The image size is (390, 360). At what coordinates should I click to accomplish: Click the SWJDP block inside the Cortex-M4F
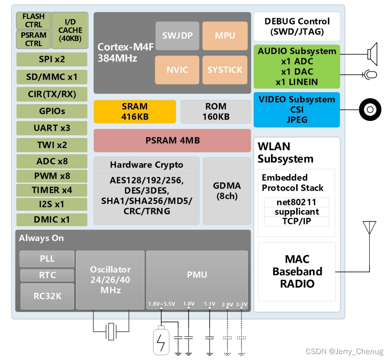(x=177, y=36)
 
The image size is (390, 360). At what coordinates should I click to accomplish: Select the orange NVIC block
(x=177, y=70)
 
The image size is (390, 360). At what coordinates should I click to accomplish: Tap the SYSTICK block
(x=225, y=70)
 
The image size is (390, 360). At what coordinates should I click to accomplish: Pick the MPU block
(x=225, y=36)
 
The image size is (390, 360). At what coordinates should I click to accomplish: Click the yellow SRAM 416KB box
(x=135, y=112)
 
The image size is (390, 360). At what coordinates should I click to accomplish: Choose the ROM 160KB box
(x=216, y=112)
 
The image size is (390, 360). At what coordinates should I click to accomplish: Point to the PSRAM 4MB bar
(x=172, y=140)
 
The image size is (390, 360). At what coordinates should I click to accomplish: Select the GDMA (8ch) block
(x=226, y=191)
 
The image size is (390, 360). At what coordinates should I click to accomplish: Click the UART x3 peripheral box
(x=52, y=128)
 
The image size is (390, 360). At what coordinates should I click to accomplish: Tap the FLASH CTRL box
(x=33, y=21)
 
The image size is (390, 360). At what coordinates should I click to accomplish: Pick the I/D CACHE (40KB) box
(x=70, y=30)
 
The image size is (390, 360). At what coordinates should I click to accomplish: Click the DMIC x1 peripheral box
(x=52, y=220)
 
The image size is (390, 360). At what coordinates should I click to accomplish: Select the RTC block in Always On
(x=47, y=275)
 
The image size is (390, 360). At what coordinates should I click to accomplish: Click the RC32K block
(x=47, y=296)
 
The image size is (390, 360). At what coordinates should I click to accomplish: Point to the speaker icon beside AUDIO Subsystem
(x=372, y=54)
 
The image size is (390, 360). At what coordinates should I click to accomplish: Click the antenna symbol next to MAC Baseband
(x=370, y=228)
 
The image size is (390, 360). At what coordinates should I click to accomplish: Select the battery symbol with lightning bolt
(x=161, y=342)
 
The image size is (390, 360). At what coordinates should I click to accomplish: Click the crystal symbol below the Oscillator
(x=111, y=332)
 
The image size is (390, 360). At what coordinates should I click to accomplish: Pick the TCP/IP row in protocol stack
(x=297, y=221)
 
